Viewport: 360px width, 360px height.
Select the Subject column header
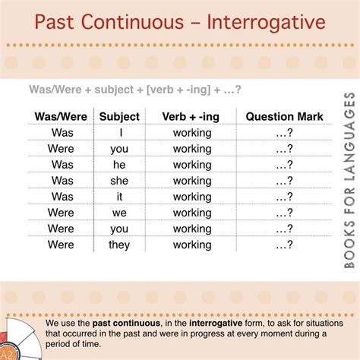pos(119,116)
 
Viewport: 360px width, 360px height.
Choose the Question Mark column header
pos(284,116)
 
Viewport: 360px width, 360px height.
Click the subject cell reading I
pos(119,132)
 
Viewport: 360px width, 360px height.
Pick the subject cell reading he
pos(119,164)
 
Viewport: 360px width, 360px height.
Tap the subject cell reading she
pos(119,180)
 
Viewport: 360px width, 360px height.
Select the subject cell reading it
pos(119,196)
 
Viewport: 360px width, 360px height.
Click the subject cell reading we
pos(119,213)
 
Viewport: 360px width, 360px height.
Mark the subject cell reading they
pos(119,245)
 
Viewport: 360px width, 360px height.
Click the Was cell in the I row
pos(62,132)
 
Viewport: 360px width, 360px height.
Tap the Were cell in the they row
pos(62,245)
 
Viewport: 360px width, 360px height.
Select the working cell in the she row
pos(192,180)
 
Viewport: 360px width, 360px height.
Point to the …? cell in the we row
pos(284,213)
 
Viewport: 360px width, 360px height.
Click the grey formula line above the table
pos(135,90)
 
